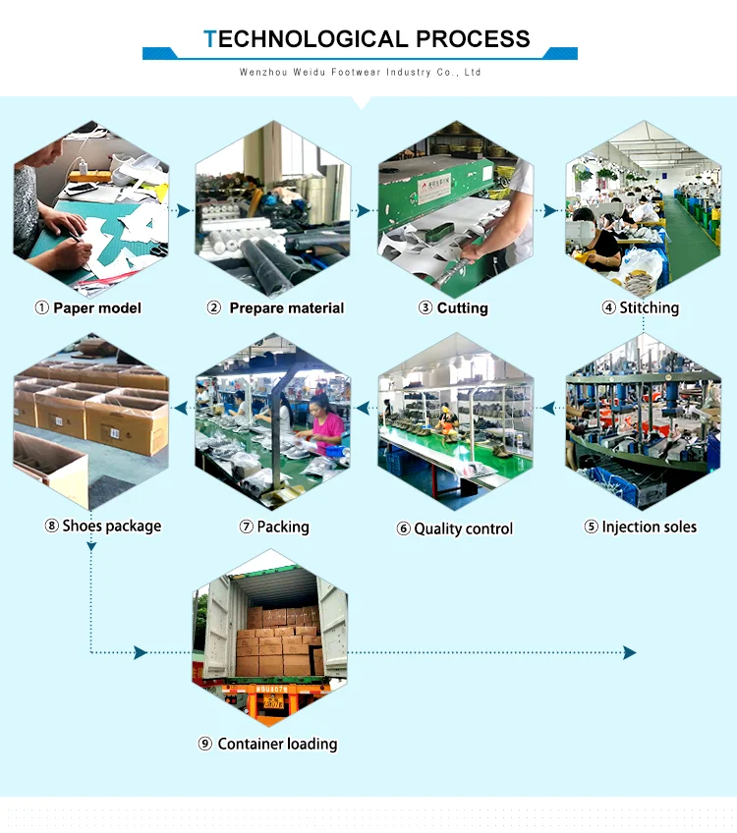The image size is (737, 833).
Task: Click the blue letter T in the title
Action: pos(209,39)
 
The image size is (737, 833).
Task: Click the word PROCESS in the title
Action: pos(473,39)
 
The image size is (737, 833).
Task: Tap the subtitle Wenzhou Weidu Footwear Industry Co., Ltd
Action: pos(361,73)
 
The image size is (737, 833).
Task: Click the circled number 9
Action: pos(205,744)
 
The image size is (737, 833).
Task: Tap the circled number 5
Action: pos(591,527)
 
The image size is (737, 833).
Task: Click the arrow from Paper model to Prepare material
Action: pos(181,209)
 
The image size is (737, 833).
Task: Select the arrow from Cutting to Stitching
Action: pos(548,209)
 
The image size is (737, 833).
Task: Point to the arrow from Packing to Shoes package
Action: pos(182,406)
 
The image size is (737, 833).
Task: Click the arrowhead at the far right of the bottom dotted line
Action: pos(630,652)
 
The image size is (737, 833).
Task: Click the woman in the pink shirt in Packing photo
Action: pos(326,424)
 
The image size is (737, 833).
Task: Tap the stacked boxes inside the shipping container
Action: pos(275,643)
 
